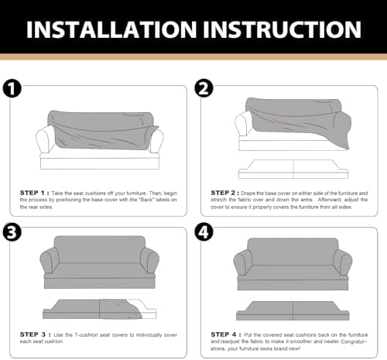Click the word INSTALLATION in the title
pos(111,29)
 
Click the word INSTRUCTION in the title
pos(282,29)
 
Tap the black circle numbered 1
pos(12,88)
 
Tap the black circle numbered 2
pos(204,88)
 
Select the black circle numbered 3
pos(12,232)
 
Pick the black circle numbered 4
pos(204,231)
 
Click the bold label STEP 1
pos(34,193)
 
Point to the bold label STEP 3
pos(35,334)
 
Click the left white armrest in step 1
pos(45,139)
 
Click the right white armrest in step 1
pos(156,140)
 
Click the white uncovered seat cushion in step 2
pos(293,170)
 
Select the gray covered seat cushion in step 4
pos(293,310)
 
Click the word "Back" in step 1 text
pos(146,200)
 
